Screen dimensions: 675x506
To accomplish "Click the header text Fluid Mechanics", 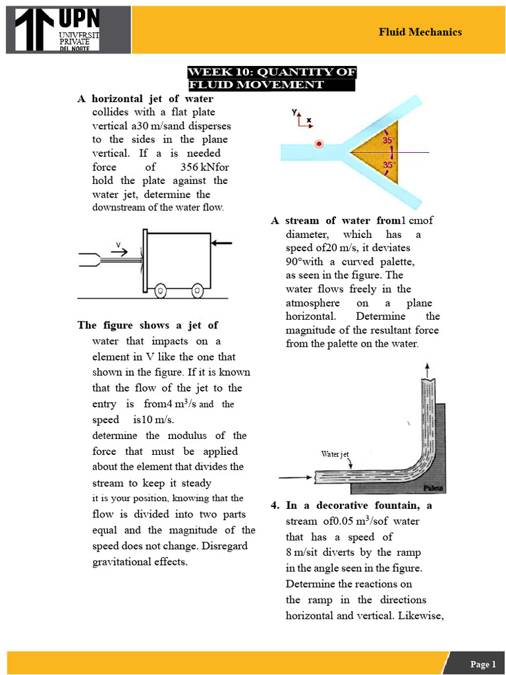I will [x=420, y=32].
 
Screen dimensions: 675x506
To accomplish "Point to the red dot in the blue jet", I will [x=319, y=144].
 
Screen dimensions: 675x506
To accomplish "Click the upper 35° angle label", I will [x=388, y=140].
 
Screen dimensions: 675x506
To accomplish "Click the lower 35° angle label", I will [x=388, y=164].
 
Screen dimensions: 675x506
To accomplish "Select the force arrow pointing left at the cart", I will [x=222, y=243].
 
